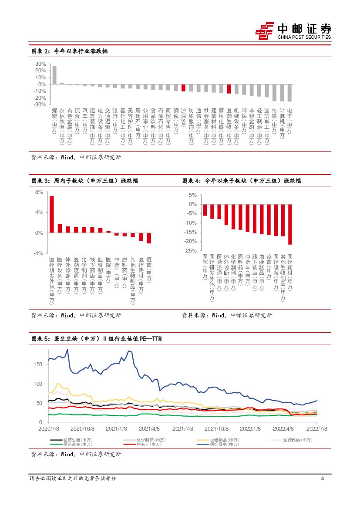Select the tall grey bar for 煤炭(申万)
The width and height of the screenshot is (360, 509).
[x=54, y=75]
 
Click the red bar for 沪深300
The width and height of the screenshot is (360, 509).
[x=183, y=88]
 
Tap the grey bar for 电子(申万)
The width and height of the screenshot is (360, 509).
[x=289, y=93]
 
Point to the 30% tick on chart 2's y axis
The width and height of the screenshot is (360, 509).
[x=40, y=64]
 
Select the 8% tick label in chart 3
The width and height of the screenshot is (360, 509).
[x=39, y=192]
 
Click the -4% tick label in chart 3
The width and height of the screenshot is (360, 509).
[x=38, y=253]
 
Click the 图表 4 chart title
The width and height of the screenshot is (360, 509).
[x=241, y=181]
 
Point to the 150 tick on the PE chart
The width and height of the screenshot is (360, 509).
[x=38, y=364]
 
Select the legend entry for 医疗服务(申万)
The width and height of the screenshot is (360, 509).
[x=224, y=445]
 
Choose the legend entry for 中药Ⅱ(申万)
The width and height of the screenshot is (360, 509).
[x=151, y=445]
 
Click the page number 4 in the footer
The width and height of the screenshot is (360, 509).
[x=322, y=479]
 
